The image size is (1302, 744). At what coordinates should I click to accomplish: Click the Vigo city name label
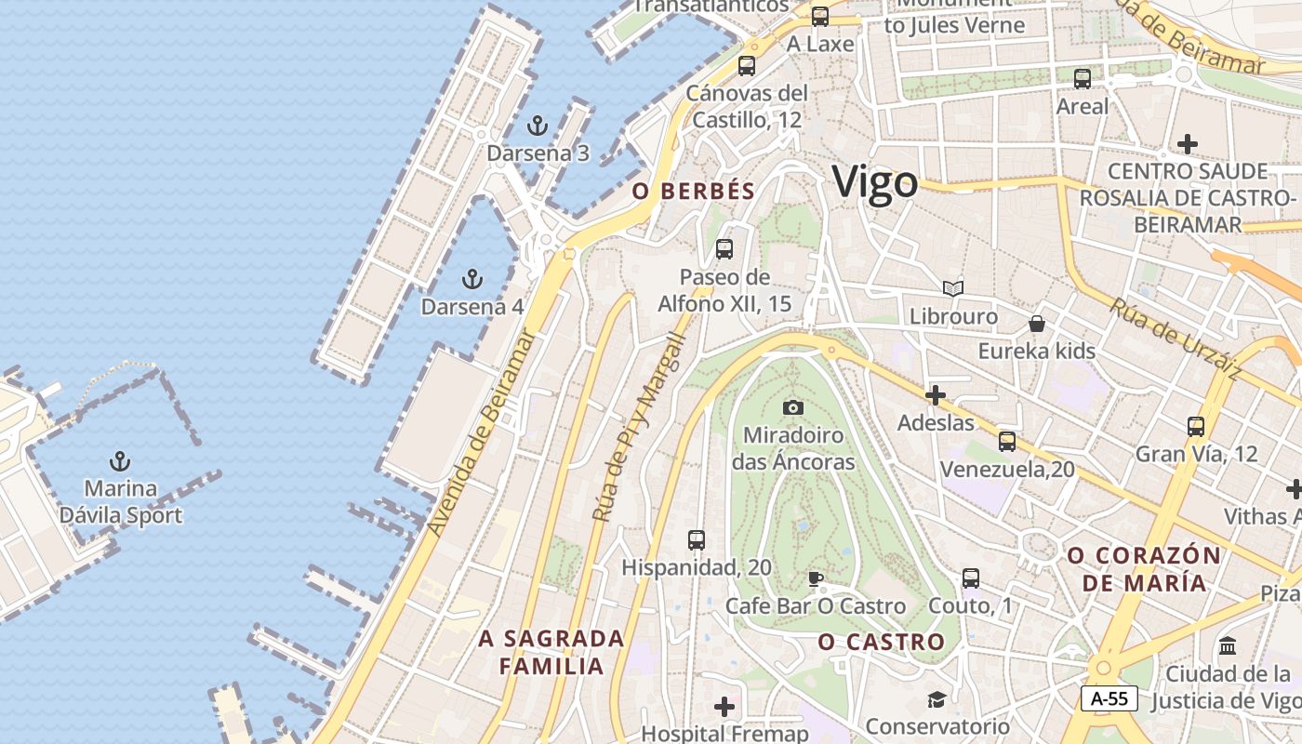(874, 182)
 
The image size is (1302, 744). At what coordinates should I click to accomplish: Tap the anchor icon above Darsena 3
(538, 126)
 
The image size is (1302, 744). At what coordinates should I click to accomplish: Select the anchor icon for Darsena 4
(472, 278)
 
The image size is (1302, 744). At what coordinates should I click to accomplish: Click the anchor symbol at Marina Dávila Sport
(120, 460)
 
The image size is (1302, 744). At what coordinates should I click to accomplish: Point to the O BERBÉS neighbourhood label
(693, 191)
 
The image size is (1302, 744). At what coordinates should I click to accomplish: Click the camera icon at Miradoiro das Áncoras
(793, 407)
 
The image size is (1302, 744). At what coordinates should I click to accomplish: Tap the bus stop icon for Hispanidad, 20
(696, 539)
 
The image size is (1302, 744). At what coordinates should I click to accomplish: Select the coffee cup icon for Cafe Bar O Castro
(816, 579)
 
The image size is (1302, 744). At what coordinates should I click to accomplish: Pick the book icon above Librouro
(953, 288)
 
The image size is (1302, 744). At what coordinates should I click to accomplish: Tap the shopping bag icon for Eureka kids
(1036, 324)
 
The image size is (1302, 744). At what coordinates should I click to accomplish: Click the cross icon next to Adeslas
(936, 396)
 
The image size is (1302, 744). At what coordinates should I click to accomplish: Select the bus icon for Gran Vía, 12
(1196, 427)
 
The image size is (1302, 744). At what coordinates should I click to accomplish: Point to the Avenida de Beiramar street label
(482, 433)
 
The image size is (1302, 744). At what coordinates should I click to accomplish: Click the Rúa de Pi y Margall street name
(640, 428)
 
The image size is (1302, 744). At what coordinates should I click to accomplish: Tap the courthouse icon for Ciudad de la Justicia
(1228, 645)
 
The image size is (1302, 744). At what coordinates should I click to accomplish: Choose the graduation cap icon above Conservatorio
(937, 698)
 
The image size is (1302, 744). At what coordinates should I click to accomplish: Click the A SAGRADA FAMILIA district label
(551, 652)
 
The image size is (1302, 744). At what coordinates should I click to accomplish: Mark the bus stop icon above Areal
(1083, 79)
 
